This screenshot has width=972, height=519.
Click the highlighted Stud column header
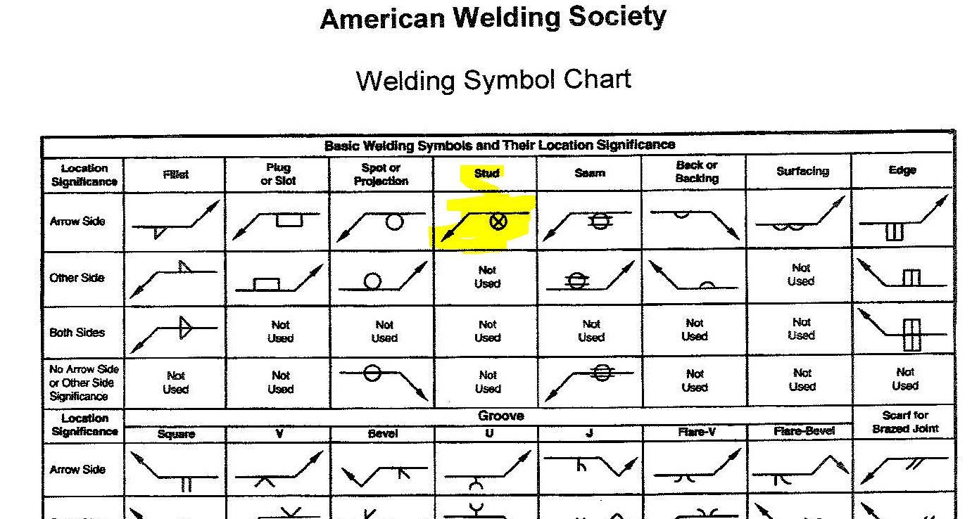(x=486, y=173)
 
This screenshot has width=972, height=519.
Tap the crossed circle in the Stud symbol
(x=498, y=222)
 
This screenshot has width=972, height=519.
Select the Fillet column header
(x=175, y=174)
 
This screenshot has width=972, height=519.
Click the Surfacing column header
(x=802, y=172)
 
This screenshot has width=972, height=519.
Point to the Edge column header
(x=902, y=170)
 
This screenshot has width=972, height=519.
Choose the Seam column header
(x=590, y=173)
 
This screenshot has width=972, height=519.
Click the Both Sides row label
(x=77, y=333)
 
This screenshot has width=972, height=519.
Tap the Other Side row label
(x=77, y=278)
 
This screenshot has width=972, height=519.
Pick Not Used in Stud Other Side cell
(x=487, y=277)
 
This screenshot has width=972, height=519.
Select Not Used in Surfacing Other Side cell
(x=801, y=274)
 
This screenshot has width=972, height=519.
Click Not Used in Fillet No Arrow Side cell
(x=176, y=383)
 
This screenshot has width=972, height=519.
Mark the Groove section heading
(x=500, y=416)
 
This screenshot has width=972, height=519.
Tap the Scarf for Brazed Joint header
(x=905, y=422)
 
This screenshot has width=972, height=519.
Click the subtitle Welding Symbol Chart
(x=493, y=79)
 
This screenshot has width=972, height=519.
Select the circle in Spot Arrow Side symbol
(x=395, y=222)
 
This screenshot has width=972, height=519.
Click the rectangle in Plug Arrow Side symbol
(x=289, y=219)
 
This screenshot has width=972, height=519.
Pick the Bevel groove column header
(x=382, y=433)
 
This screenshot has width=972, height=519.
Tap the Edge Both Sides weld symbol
(x=911, y=335)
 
